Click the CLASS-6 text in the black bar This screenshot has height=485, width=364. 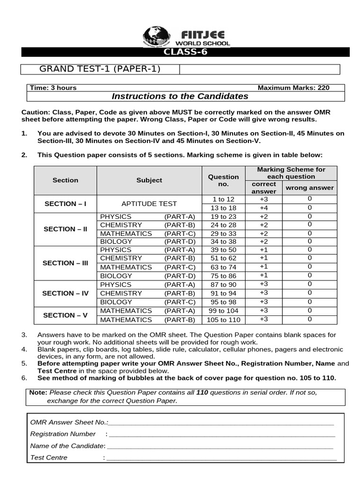click(x=185, y=52)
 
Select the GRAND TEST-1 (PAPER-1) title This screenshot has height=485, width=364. click(x=100, y=69)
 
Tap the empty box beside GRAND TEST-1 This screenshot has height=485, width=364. click(x=259, y=70)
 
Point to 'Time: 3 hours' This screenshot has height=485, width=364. click(x=53, y=88)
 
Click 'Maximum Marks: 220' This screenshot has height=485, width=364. click(x=293, y=88)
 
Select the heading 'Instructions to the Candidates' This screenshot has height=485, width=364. click(x=180, y=97)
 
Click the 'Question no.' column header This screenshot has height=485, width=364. click(x=223, y=180)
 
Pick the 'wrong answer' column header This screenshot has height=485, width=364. click(x=309, y=188)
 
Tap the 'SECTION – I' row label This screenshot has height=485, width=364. click(x=65, y=204)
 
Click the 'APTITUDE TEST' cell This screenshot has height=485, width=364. click(x=149, y=204)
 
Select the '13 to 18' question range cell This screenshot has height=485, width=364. click(x=223, y=208)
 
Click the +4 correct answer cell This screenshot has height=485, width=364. click(x=264, y=208)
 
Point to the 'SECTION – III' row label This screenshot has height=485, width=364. click(x=65, y=263)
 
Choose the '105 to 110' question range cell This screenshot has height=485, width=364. click(x=223, y=320)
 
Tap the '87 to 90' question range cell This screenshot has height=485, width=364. click(x=223, y=285)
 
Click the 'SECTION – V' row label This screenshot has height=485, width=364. click(x=65, y=315)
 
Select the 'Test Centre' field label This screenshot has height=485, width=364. click(x=49, y=458)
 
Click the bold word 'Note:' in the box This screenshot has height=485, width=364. click(x=38, y=393)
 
